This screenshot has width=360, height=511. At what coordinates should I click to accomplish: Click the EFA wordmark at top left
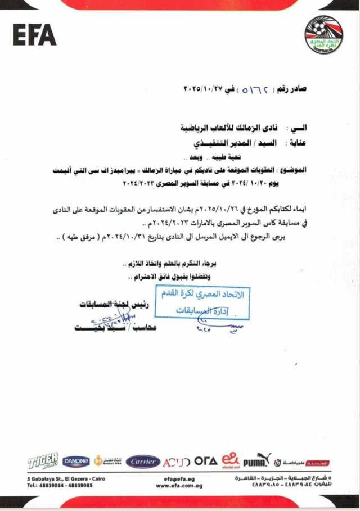pyautogui.click(x=34, y=35)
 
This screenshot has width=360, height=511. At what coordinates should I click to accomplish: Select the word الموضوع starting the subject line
pyautogui.click(x=293, y=170)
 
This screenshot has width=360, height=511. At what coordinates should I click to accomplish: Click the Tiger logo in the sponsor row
pyautogui.click(x=43, y=461)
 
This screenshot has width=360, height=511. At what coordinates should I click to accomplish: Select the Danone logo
pyautogui.click(x=76, y=462)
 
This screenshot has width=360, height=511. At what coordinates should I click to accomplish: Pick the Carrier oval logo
pyautogui.click(x=143, y=462)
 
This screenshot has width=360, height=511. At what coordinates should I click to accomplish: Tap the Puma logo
pyautogui.click(x=257, y=460)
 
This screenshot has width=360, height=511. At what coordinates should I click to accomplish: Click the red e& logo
pyautogui.click(x=230, y=460)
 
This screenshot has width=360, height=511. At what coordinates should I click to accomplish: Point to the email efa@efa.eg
pyautogui.click(x=179, y=478)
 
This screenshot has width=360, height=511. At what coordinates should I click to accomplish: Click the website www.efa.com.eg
pyautogui.click(x=179, y=485)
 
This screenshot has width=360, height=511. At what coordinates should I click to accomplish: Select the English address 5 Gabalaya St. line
pyautogui.click(x=66, y=478)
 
